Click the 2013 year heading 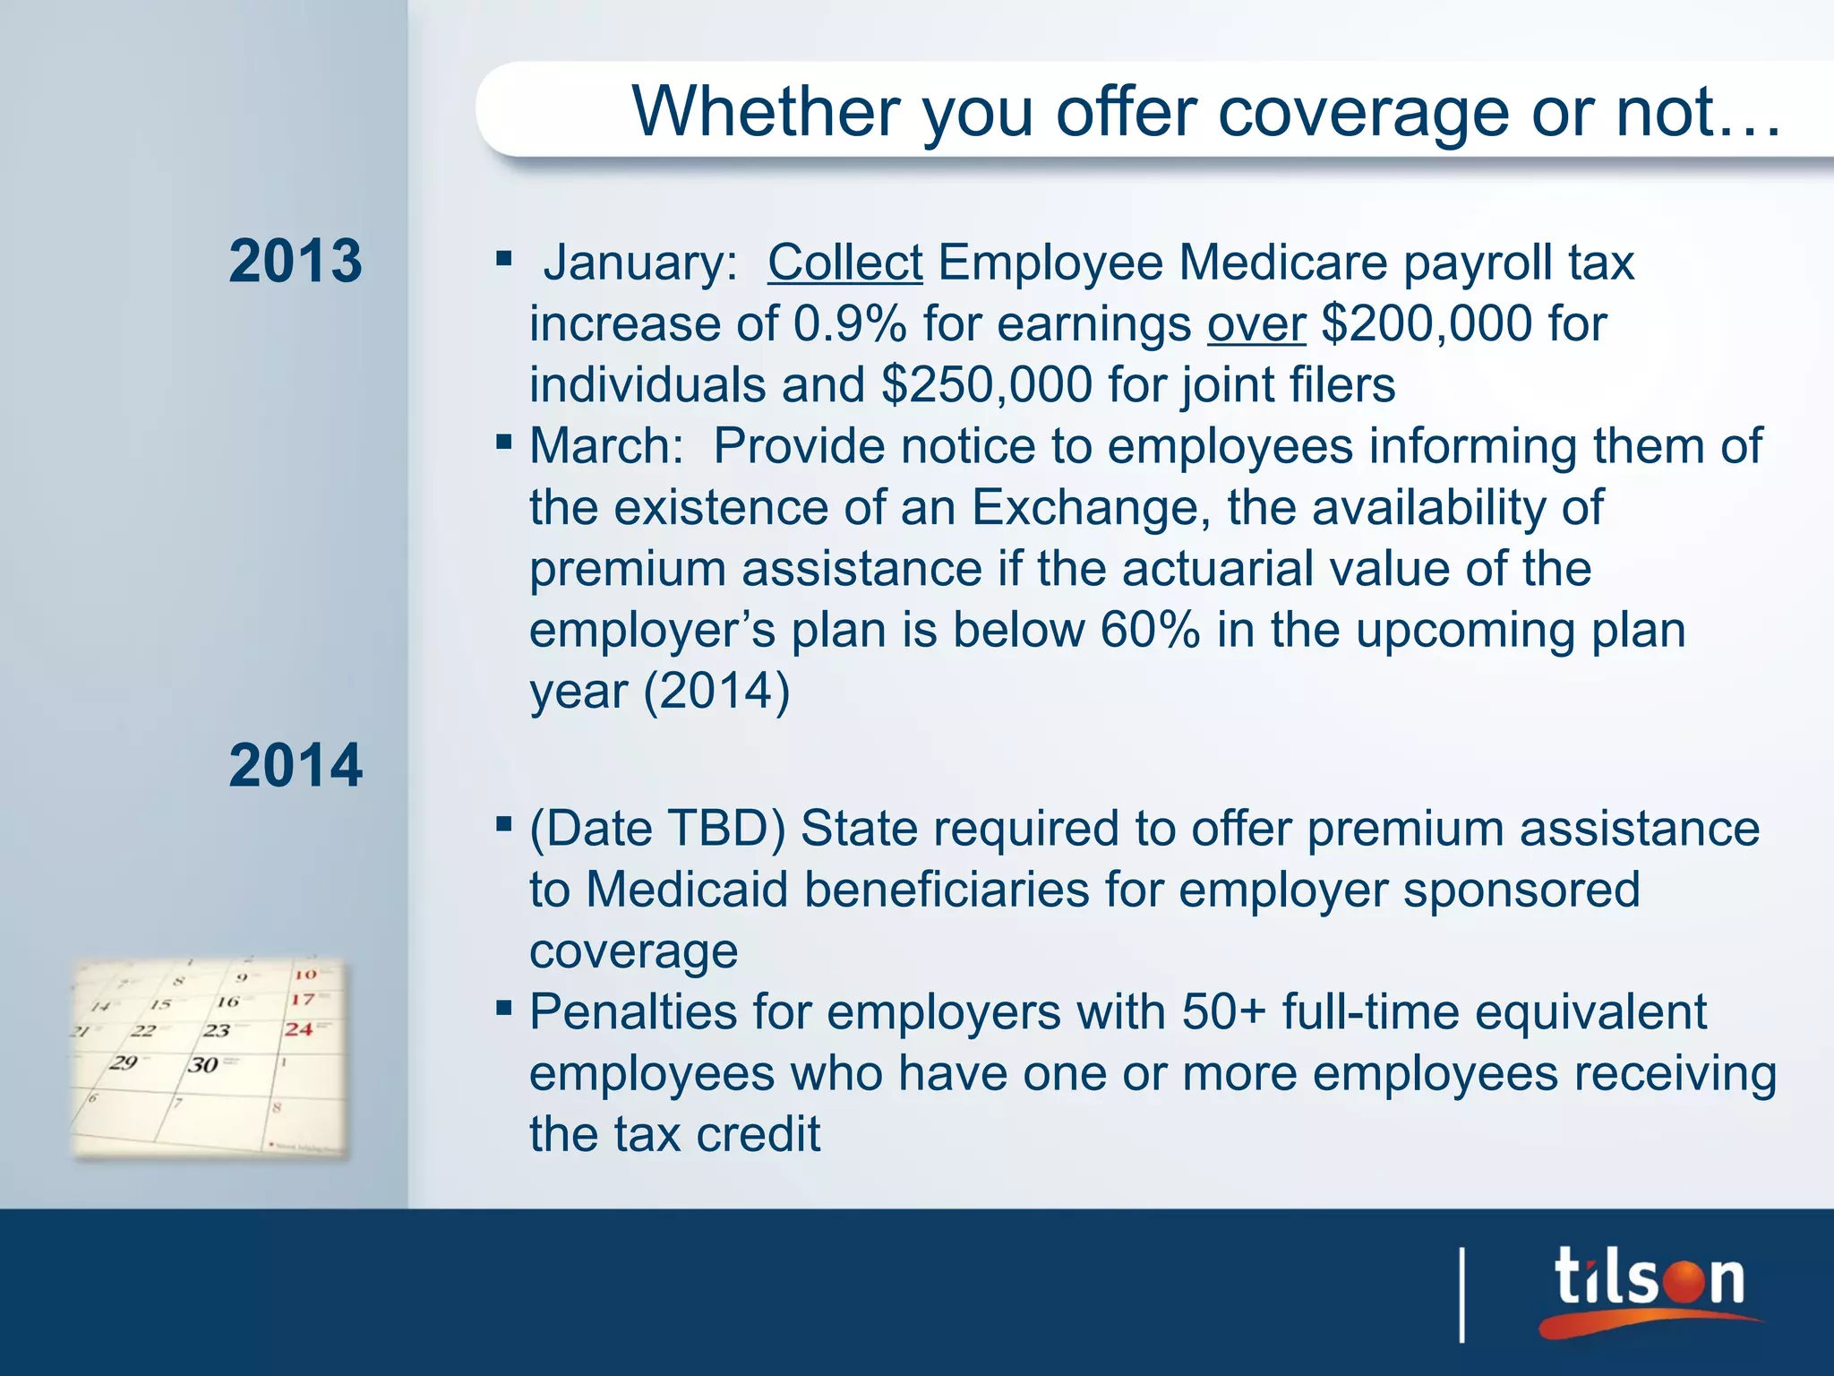tap(296, 262)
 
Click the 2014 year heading tap(296, 766)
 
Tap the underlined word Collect tap(844, 263)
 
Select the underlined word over tap(1256, 324)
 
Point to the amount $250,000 tap(986, 385)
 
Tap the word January tap(639, 263)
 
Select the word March tap(605, 446)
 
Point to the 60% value tap(1150, 630)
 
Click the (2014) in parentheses tap(716, 691)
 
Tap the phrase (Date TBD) tap(656, 829)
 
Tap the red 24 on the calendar tap(299, 1029)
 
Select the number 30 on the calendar tap(203, 1065)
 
